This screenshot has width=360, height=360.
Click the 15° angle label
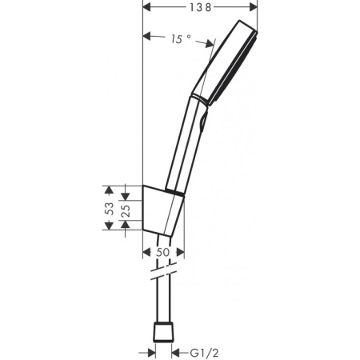click(x=180, y=38)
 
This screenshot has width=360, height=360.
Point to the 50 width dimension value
click(x=162, y=252)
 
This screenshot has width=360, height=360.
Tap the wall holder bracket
click(x=163, y=210)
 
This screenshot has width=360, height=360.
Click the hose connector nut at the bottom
click(x=163, y=332)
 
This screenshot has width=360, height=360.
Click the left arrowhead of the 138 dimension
click(x=146, y=7)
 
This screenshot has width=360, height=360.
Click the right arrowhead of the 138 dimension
click(x=254, y=7)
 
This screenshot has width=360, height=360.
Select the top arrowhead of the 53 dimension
click(x=110, y=190)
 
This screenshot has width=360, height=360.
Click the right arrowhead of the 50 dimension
click(x=180, y=252)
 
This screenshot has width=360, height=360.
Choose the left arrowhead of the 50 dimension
click(x=146, y=252)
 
